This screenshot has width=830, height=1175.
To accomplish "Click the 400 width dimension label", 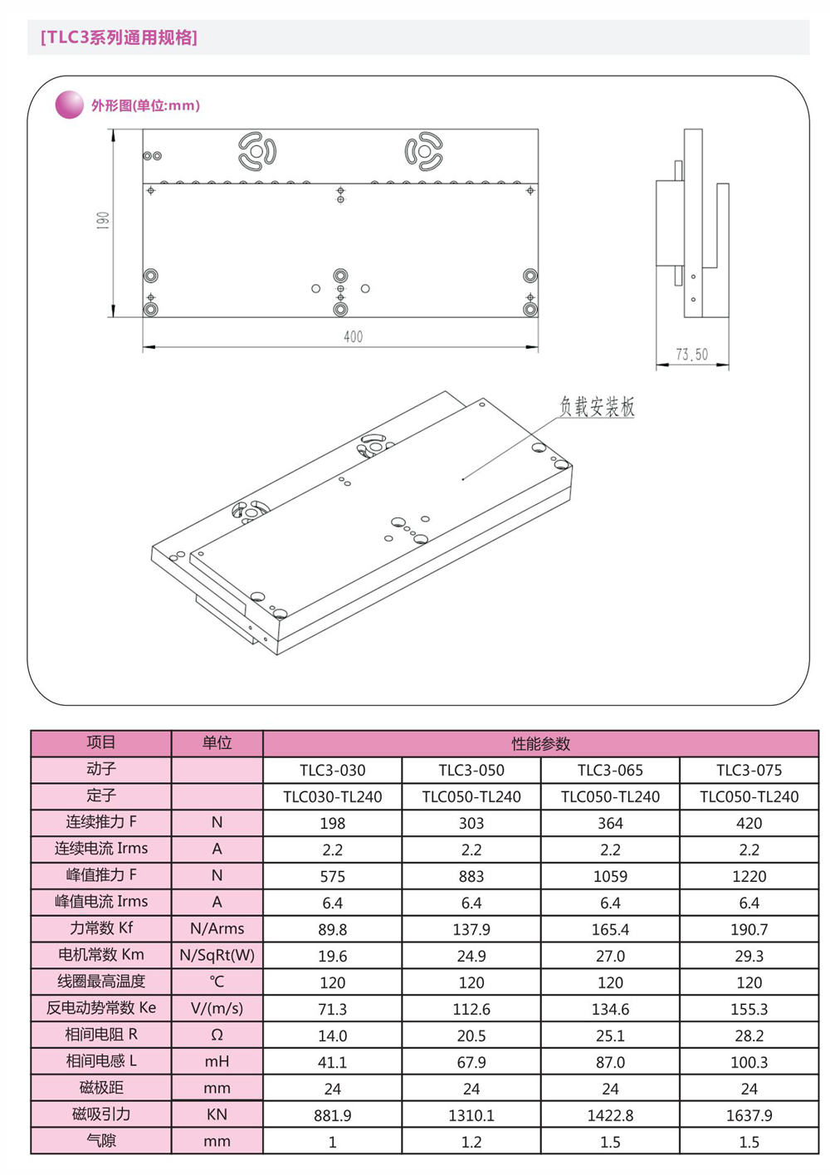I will [x=353, y=336].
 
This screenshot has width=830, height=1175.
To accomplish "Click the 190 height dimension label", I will [x=103, y=221].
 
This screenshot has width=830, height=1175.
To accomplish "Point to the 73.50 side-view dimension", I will [x=691, y=355].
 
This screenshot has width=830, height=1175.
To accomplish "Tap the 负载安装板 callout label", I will [x=597, y=407].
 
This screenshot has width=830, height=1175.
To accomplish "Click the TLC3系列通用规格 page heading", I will [x=119, y=37].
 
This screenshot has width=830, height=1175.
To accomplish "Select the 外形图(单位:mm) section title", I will [x=145, y=105].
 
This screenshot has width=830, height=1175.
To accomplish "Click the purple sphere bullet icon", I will [x=69, y=105].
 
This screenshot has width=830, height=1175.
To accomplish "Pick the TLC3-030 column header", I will [x=332, y=771].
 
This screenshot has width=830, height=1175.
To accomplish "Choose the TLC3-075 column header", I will [x=749, y=771].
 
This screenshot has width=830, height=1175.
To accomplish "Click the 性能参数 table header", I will [x=540, y=744].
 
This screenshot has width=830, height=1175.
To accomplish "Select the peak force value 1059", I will [x=610, y=877].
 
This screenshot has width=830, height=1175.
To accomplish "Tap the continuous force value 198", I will [x=332, y=824].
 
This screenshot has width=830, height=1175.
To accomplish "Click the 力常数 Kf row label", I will [x=101, y=928].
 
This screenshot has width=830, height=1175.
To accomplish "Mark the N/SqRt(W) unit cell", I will [x=217, y=956].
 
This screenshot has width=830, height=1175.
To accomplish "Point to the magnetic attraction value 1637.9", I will [x=749, y=1116].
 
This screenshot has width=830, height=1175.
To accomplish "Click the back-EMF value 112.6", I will [x=471, y=1010].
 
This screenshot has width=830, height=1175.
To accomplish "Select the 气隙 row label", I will [x=101, y=1142].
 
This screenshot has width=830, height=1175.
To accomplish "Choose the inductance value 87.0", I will [x=610, y=1063].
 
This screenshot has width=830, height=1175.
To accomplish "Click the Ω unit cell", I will [x=217, y=1035].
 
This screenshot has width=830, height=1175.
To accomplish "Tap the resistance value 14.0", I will [x=332, y=1036].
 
